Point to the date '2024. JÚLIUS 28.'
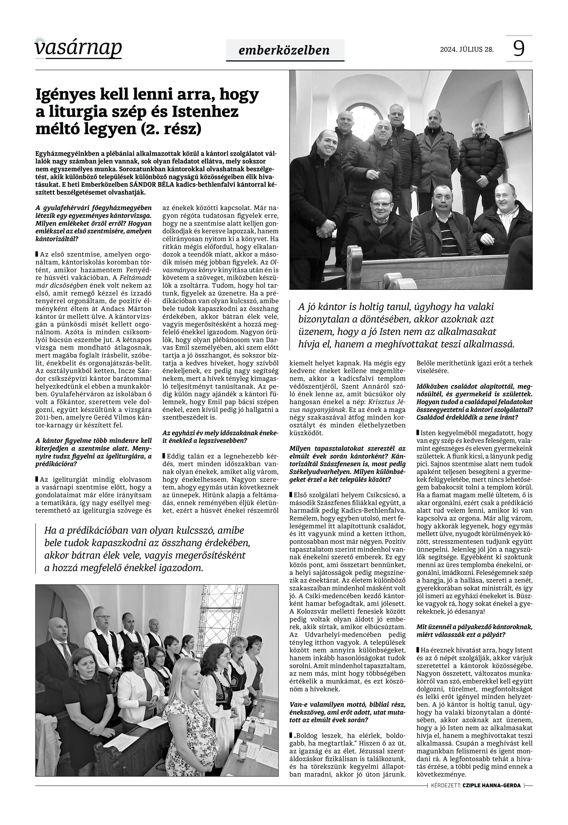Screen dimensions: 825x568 tap(467, 49)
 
